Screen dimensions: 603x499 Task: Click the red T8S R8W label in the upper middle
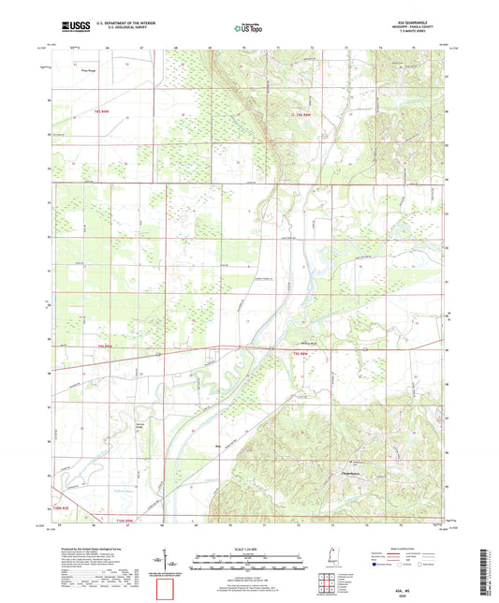tap(298, 113)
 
